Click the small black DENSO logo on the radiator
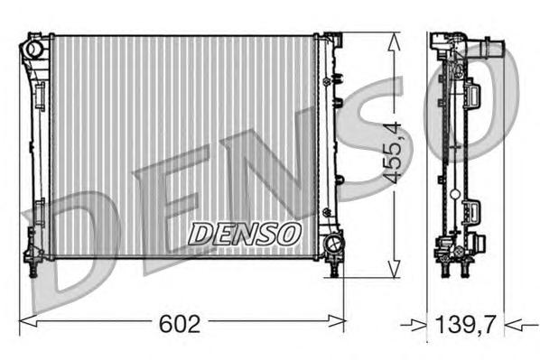pos(244,233)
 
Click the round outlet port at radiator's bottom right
pos(333,243)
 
